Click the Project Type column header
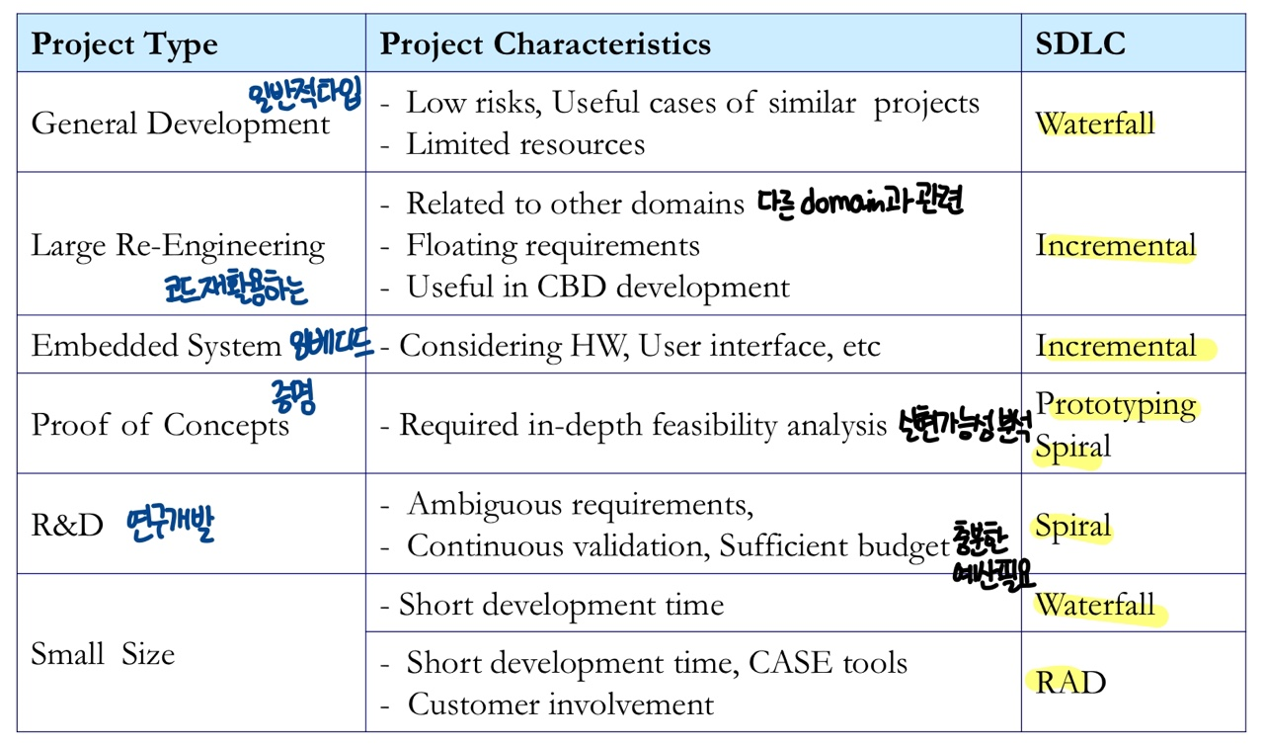124,44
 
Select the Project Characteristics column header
545,44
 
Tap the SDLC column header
1080,44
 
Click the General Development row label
180,124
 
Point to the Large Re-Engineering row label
178,246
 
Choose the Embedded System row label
156,346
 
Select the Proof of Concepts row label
160,425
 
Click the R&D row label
67,526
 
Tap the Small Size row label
103,654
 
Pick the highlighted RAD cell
1070,683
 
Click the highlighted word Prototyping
1116,404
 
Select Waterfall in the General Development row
1095,124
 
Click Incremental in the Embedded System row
1116,347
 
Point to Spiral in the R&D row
1073,526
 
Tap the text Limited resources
525,144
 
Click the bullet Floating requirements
553,245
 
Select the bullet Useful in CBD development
597,288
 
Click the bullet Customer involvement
560,704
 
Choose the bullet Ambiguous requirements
579,505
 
